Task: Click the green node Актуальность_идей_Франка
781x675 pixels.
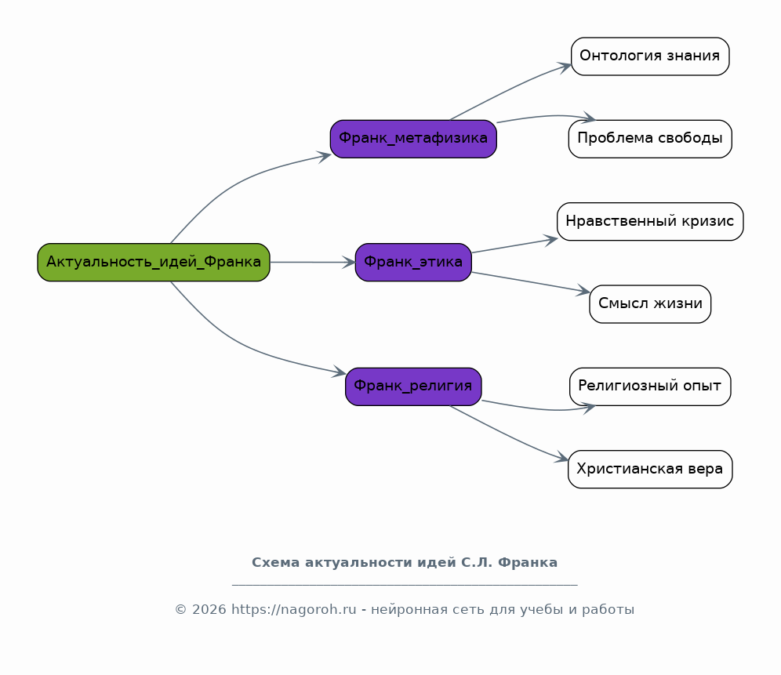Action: pyautogui.click(x=154, y=262)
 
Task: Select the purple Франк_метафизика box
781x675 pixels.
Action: pyautogui.click(x=413, y=139)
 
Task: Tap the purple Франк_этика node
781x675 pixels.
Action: pyautogui.click(x=413, y=262)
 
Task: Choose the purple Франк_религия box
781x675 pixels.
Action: pyautogui.click(x=413, y=386)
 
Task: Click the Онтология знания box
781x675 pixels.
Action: pyautogui.click(x=650, y=56)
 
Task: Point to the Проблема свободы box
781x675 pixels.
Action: pyautogui.click(x=650, y=139)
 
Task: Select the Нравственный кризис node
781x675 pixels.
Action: pyautogui.click(x=650, y=222)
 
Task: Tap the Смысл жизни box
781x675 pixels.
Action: pyautogui.click(x=650, y=304)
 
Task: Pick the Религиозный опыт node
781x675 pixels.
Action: pyautogui.click(x=650, y=386)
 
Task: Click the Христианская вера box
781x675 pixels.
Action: pyautogui.click(x=650, y=470)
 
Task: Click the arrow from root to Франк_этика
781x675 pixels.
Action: pyautogui.click(x=312, y=262)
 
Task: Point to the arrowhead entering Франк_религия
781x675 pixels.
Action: pyautogui.click(x=340, y=372)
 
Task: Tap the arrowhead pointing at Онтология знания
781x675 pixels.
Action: pyautogui.click(x=565, y=67)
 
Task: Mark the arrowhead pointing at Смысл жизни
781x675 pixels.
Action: pyautogui.click(x=583, y=290)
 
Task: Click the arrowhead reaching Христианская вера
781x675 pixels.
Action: pyautogui.click(x=562, y=457)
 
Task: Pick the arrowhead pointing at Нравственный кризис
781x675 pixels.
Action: pyautogui.click(x=551, y=241)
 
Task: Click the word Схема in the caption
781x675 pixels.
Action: pyautogui.click(x=276, y=562)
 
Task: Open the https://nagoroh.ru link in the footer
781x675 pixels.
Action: pyautogui.click(x=294, y=610)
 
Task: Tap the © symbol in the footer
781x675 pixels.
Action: pyautogui.click(x=181, y=610)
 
